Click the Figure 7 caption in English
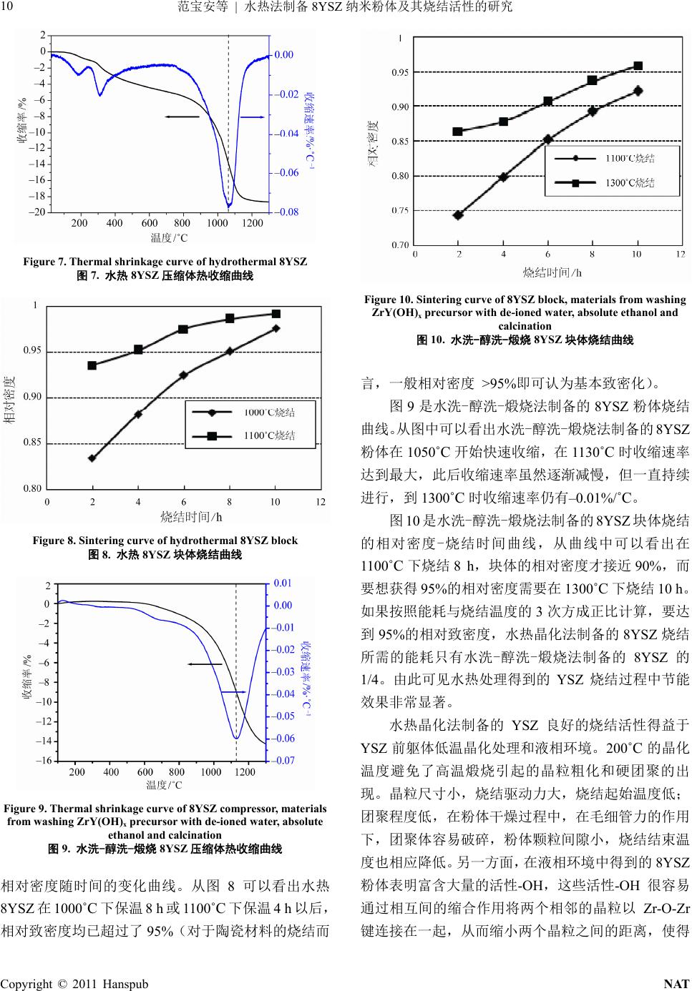click(165, 262)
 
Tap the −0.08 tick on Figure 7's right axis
click(287, 212)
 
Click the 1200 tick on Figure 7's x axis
click(253, 223)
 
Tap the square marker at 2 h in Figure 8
click(92, 365)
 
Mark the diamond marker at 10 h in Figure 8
click(276, 328)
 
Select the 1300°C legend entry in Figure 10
click(630, 183)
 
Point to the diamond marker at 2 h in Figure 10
click(458, 215)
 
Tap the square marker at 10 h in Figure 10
click(638, 66)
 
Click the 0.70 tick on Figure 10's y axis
click(401, 245)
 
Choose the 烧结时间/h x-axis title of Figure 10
click(552, 272)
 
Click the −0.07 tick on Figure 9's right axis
click(284, 761)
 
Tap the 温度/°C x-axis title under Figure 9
click(165, 785)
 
